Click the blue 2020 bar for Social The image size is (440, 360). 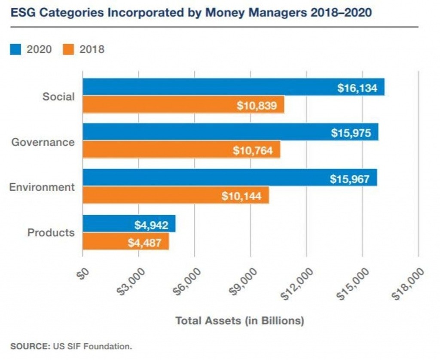[206, 87]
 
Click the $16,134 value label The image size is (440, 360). [357, 88]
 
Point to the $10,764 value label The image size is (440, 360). [253, 150]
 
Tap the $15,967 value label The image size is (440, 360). [349, 178]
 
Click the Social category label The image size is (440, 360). [58, 97]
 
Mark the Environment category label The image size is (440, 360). [42, 187]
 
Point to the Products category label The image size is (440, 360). [51, 233]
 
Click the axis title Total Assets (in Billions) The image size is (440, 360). [239, 321]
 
